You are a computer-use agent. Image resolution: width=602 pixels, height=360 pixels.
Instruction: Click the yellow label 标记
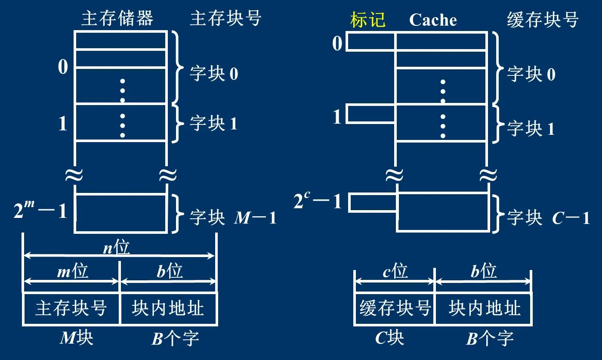(x=368, y=20)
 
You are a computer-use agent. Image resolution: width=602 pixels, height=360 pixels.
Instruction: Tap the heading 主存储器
(x=117, y=19)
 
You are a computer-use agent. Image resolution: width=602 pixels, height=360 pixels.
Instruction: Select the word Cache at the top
(x=433, y=20)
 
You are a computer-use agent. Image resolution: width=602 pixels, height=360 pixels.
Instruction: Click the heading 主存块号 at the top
(x=225, y=19)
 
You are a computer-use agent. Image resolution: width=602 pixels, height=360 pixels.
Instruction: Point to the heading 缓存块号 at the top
(x=543, y=20)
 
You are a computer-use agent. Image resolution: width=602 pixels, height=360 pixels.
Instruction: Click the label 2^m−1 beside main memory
(x=40, y=211)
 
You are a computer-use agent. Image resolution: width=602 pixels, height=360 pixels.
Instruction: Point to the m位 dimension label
(x=72, y=271)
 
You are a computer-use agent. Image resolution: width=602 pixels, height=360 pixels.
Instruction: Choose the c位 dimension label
(x=395, y=271)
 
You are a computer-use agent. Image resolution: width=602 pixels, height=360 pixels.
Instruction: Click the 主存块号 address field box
(x=71, y=308)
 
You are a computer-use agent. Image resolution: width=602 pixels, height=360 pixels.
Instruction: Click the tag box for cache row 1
(x=370, y=114)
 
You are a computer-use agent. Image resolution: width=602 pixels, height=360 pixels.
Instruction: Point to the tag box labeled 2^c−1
(x=373, y=203)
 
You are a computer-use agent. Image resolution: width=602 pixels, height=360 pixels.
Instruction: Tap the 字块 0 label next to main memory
(x=214, y=74)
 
